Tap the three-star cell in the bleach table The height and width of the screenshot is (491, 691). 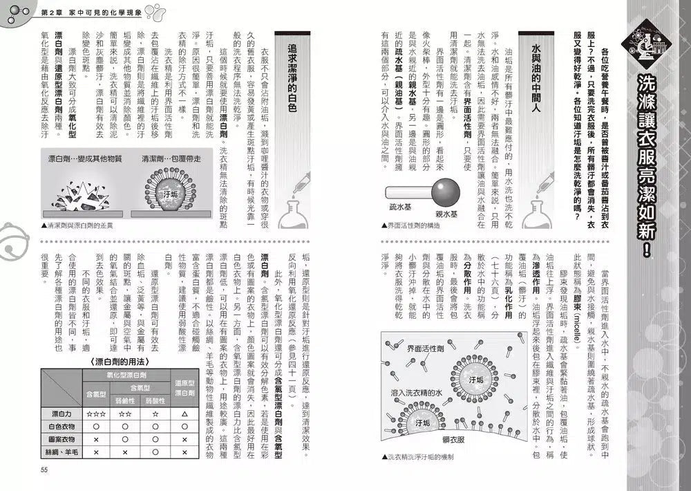95,414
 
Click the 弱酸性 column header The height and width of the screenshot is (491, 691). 155,400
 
